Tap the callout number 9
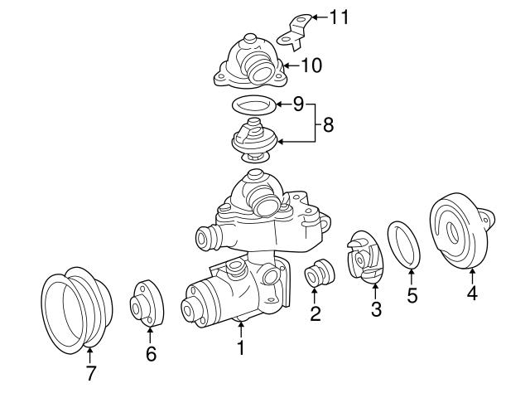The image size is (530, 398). pos(298,104)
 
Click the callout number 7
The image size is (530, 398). pos(90,374)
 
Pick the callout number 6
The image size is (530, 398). pos(150,354)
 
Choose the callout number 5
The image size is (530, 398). pos(412,296)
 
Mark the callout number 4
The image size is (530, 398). pos(472,294)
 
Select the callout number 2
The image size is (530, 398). pos(315,313)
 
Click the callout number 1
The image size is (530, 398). pos(240,348)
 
